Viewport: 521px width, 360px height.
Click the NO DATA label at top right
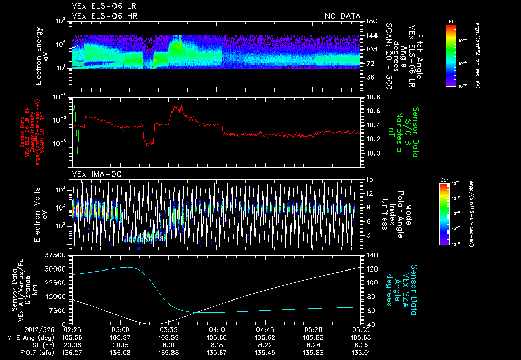[342, 16]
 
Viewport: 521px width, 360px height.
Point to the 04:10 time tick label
[217, 329]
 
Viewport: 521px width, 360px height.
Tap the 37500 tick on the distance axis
[56, 254]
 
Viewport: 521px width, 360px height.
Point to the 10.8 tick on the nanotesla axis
[373, 97]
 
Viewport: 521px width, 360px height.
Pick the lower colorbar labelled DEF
[444, 214]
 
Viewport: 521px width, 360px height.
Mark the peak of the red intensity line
[181, 103]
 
